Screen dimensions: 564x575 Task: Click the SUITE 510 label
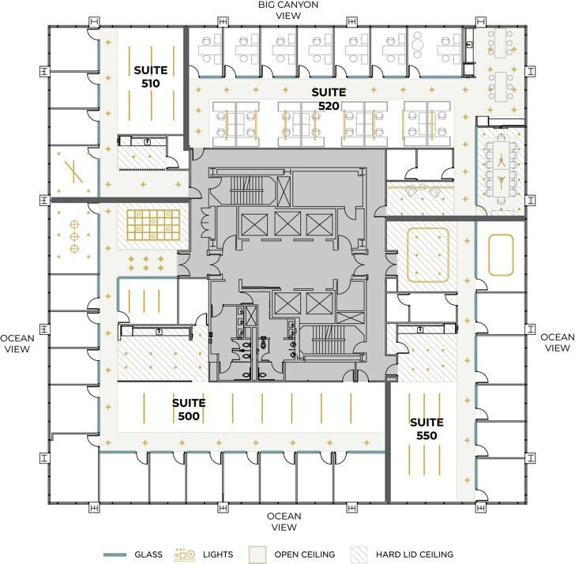pyautogui.click(x=146, y=76)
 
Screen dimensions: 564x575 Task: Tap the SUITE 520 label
pyautogui.click(x=329, y=98)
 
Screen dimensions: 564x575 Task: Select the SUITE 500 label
pyautogui.click(x=189, y=408)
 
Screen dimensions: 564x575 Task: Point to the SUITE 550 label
pyautogui.click(x=426, y=428)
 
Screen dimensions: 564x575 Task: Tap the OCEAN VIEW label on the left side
pyautogui.click(x=17, y=344)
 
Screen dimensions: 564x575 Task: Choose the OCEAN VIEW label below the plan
pyautogui.click(x=284, y=521)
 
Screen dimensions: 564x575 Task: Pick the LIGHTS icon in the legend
pyautogui.click(x=185, y=555)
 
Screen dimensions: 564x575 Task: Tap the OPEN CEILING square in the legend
pyautogui.click(x=257, y=555)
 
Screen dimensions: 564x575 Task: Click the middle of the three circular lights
pyautogui.click(x=74, y=235)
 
